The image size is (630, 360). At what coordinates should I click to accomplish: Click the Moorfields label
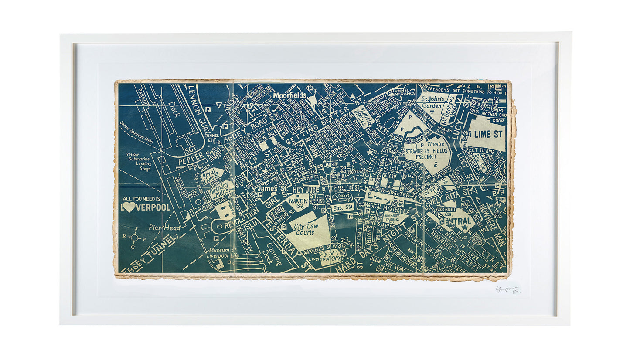coord(289,95)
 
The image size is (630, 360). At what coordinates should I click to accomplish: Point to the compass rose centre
coord(135,238)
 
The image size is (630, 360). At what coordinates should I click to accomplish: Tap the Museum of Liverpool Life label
coord(223,253)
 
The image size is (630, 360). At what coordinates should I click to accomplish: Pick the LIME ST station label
coord(488,133)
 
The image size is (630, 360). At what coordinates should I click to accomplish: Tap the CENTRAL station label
coord(458,221)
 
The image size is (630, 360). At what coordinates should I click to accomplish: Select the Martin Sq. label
coord(298,202)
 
